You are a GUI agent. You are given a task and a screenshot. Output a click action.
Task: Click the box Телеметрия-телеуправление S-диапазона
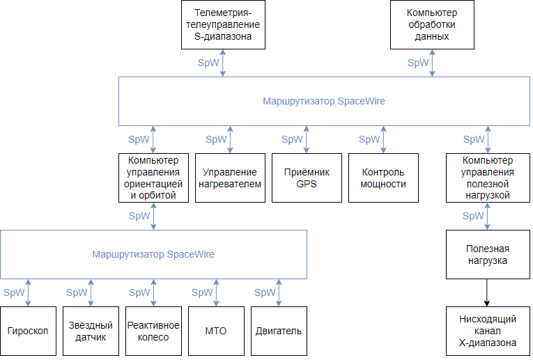tap(223, 24)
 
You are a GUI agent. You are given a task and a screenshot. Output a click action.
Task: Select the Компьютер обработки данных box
tap(432, 24)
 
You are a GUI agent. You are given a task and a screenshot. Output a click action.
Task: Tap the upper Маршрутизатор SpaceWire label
tap(323, 101)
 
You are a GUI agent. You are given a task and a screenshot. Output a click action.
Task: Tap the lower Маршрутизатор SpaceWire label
tap(153, 254)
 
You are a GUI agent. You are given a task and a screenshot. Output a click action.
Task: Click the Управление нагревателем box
tap(230, 178)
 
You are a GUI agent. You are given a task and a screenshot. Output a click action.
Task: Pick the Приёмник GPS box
tap(307, 178)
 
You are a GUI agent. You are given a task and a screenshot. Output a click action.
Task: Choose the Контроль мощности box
tap(383, 178)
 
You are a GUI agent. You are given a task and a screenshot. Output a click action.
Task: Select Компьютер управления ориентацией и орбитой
tap(153, 178)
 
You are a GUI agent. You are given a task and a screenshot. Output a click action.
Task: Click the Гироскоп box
tap(28, 331)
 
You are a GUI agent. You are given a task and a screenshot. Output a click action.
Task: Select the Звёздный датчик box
tap(91, 331)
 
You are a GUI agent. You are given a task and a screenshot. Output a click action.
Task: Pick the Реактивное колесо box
tap(153, 331)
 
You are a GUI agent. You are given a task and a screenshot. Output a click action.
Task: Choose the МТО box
tap(216, 331)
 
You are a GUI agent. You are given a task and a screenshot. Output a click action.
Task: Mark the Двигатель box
tap(279, 331)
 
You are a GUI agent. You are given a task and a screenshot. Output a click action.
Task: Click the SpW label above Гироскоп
tap(14, 292)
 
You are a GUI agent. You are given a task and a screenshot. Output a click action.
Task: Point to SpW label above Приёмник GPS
tap(293, 139)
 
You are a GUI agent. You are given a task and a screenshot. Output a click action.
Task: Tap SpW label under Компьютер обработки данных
tap(418, 63)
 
